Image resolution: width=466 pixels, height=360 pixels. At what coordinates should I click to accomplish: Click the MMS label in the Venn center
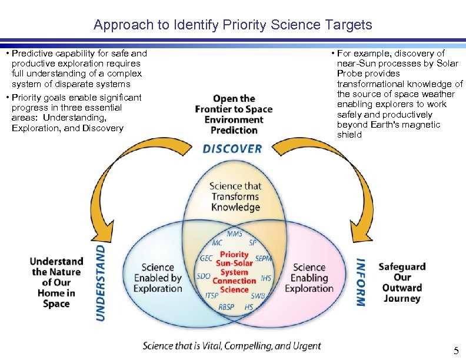point(234,234)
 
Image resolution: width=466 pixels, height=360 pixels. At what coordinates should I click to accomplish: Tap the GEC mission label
point(207,258)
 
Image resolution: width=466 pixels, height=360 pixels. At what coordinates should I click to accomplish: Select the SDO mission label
point(204,276)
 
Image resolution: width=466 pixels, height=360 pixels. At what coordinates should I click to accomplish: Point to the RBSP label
point(226,307)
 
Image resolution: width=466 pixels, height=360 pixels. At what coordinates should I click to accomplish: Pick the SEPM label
point(264,258)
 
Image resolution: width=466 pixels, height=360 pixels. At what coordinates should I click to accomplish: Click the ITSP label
point(212,295)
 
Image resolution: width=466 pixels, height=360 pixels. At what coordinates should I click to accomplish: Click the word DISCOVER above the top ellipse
point(232,149)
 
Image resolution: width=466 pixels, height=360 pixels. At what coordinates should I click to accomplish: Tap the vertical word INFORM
point(361,282)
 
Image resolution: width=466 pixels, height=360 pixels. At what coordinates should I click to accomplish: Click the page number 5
point(455,351)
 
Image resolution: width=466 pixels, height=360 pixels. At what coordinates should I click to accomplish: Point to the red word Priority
point(234,255)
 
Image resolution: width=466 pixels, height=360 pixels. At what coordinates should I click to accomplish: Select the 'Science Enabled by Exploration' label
point(158,278)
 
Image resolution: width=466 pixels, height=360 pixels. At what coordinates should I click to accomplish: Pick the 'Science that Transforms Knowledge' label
point(235,196)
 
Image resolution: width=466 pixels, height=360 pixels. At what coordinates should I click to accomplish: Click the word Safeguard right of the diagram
point(402,266)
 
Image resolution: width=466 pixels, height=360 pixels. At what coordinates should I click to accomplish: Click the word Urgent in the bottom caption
point(306,346)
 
